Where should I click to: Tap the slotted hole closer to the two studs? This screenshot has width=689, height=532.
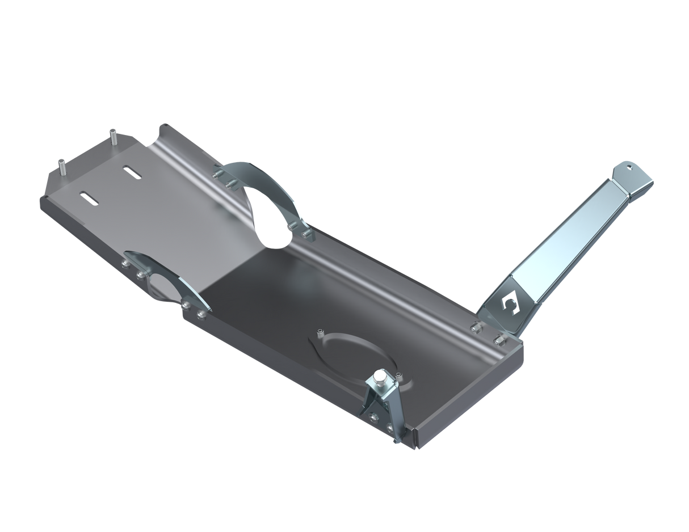(x=131, y=172)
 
